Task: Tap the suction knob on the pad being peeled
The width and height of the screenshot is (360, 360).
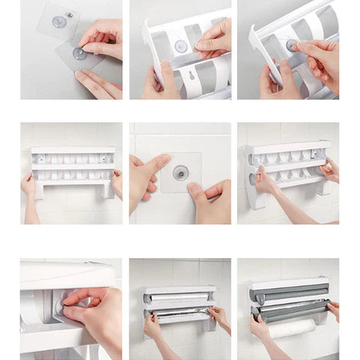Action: point(78,53)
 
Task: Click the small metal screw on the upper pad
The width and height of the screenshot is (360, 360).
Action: point(69,14)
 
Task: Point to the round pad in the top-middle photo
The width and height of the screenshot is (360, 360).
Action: point(180,46)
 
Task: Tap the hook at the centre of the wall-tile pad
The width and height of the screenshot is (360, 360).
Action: point(180,173)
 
